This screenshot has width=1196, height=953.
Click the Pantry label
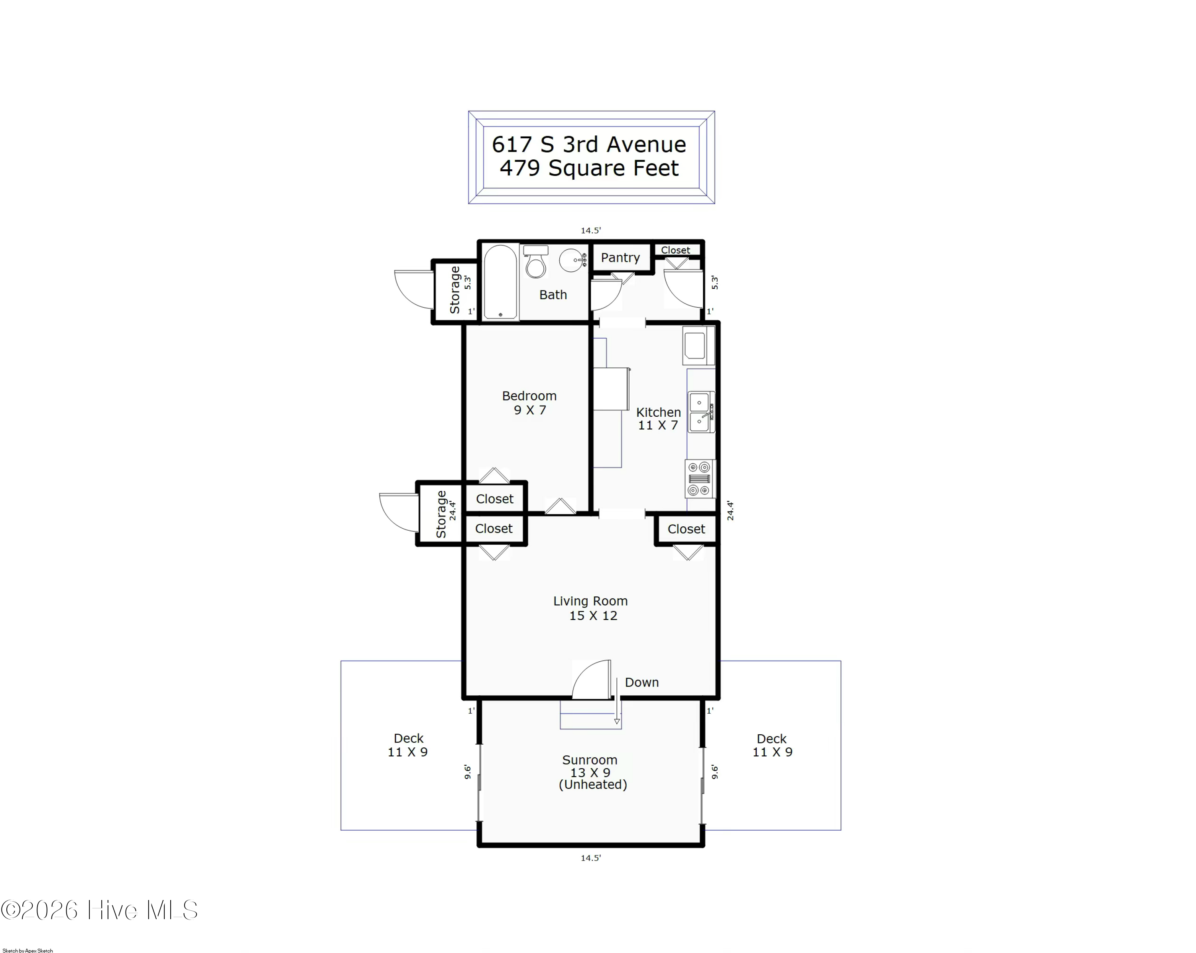point(620,258)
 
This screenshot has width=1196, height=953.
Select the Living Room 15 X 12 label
point(591,608)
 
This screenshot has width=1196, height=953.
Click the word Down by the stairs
point(642,682)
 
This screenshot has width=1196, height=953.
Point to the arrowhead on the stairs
point(617,721)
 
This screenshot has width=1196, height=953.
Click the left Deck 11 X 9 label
point(408,745)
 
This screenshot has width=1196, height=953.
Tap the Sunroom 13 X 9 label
point(591,772)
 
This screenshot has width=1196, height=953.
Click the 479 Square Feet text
point(589,168)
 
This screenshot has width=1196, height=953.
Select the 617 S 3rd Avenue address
point(589,144)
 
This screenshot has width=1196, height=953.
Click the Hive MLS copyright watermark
point(99,910)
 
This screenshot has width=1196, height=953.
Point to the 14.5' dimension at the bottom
point(591,858)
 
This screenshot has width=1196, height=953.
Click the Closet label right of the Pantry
point(676,250)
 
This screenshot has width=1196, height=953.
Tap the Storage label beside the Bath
point(455,290)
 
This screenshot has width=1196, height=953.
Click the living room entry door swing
point(591,678)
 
